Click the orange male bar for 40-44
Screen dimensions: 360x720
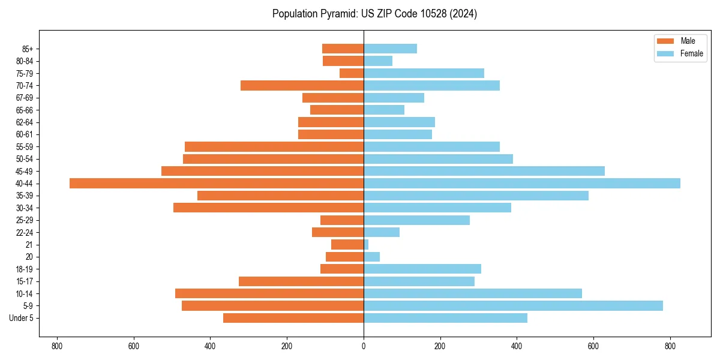click(x=217, y=183)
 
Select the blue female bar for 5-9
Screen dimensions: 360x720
click(x=513, y=305)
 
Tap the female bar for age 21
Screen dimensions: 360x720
click(x=366, y=244)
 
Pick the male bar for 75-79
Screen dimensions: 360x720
click(x=352, y=73)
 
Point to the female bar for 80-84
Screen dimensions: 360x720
click(x=378, y=61)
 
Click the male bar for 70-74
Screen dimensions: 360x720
click(x=302, y=85)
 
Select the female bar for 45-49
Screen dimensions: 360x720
click(x=484, y=171)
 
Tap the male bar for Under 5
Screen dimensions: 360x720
click(x=293, y=318)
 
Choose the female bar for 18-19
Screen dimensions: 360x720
click(x=422, y=269)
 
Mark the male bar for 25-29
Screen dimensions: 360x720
click(x=342, y=220)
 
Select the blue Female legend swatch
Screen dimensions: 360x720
click(x=665, y=53)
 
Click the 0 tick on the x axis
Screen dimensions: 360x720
click(x=364, y=346)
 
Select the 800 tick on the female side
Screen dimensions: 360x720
click(x=670, y=346)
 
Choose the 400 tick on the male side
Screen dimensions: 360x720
click(x=210, y=346)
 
